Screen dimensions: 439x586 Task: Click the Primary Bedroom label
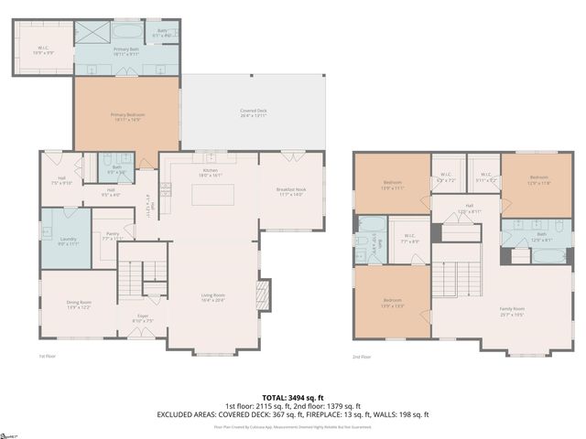pos(128,116)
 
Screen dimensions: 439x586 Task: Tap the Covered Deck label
pos(254,112)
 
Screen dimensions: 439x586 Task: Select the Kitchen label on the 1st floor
pos(211,171)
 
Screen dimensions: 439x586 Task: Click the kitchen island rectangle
pos(212,195)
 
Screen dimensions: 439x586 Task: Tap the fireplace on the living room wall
pos(263,294)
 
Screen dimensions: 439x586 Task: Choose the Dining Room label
pos(79,305)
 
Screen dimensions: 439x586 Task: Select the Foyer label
pos(142,320)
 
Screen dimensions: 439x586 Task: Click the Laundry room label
pos(64,241)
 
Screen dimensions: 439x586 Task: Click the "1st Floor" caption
pos(47,356)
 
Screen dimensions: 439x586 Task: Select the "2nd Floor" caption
pos(363,358)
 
